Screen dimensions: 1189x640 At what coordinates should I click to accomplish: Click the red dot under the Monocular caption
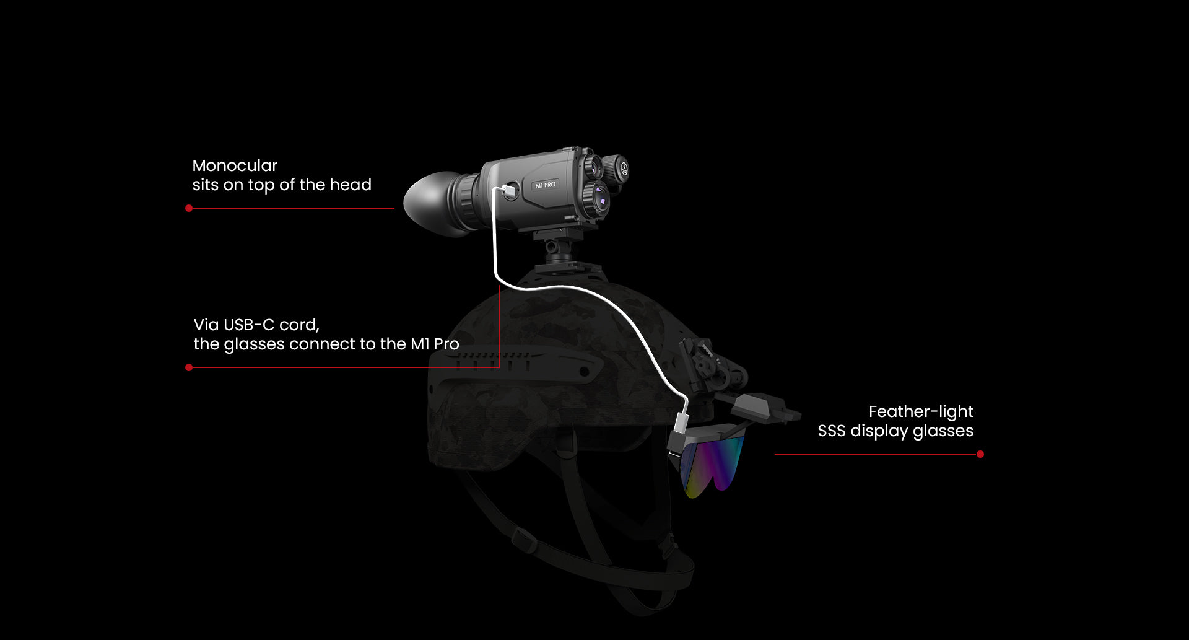click(189, 208)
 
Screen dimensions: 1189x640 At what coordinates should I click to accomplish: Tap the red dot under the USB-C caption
click(189, 367)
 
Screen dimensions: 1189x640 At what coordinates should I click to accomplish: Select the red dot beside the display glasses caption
click(980, 454)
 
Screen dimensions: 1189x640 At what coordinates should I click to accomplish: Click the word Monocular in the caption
click(235, 165)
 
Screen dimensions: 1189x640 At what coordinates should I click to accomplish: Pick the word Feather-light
click(921, 412)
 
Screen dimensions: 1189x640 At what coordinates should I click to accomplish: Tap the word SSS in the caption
click(832, 431)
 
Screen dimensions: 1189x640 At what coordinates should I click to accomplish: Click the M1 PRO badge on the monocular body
click(546, 185)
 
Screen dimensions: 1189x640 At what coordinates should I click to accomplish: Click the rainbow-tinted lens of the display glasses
click(712, 465)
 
